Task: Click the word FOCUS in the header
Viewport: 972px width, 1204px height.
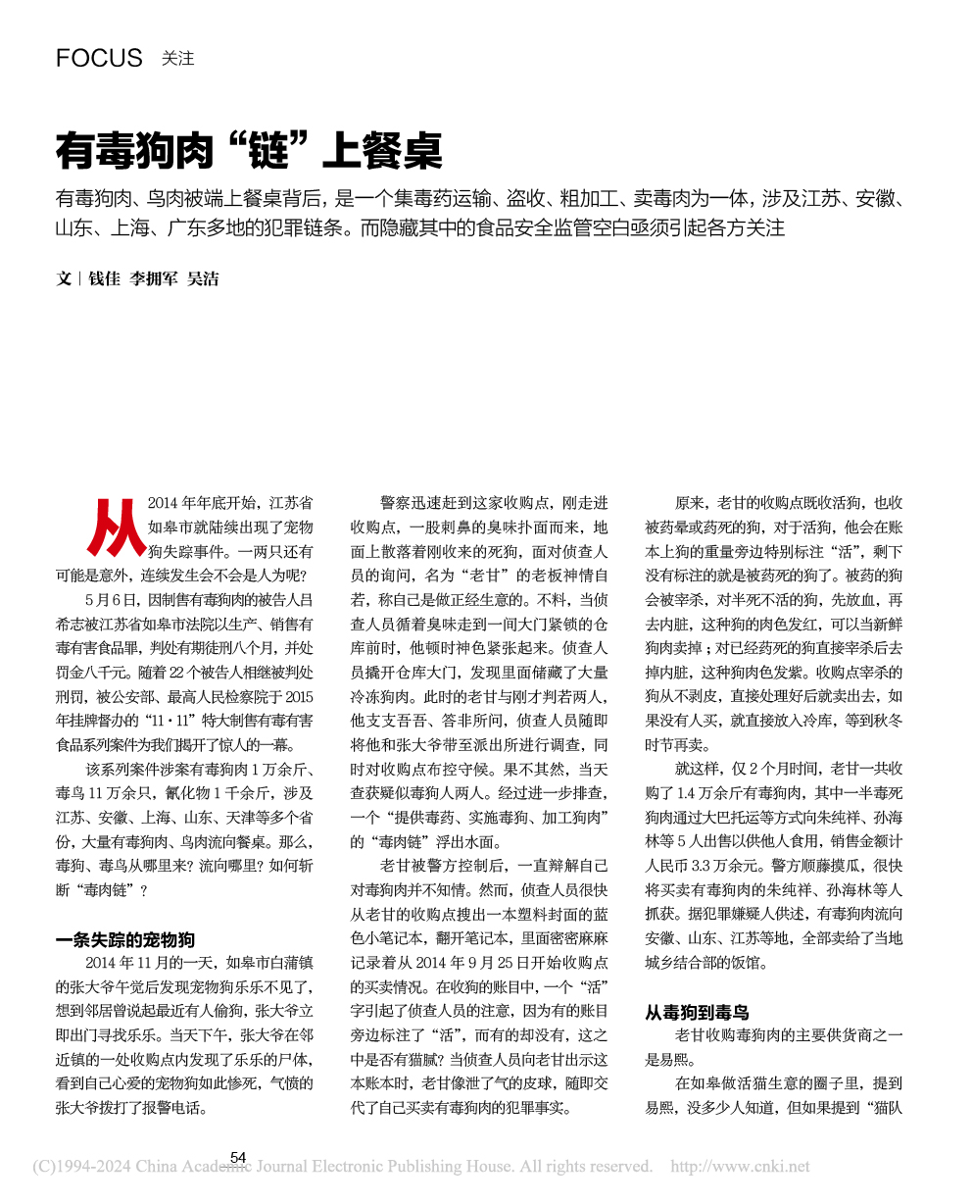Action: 99,58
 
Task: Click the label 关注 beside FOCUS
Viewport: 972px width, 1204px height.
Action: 178,59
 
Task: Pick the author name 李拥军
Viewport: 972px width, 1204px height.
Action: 154,279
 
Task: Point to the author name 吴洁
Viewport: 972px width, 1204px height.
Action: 203,279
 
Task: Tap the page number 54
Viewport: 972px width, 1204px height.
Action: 237,1158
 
